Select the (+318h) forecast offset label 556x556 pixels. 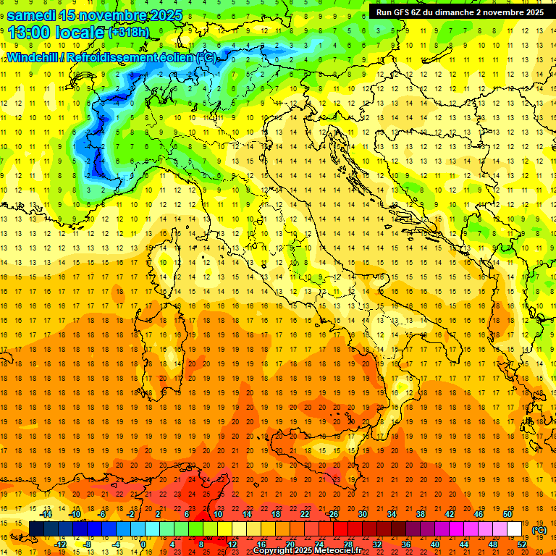[129, 33]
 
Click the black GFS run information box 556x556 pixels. [460, 12]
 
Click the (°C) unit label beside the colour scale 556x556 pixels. [539, 530]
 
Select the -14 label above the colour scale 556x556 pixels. [46, 514]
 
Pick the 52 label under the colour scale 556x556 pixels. [522, 544]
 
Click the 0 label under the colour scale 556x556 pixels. [143, 544]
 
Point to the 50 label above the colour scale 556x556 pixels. [507, 514]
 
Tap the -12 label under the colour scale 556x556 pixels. [60, 544]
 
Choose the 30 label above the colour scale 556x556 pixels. [362, 514]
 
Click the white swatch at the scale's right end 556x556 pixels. [514, 529]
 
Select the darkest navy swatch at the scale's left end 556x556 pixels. [36, 529]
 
